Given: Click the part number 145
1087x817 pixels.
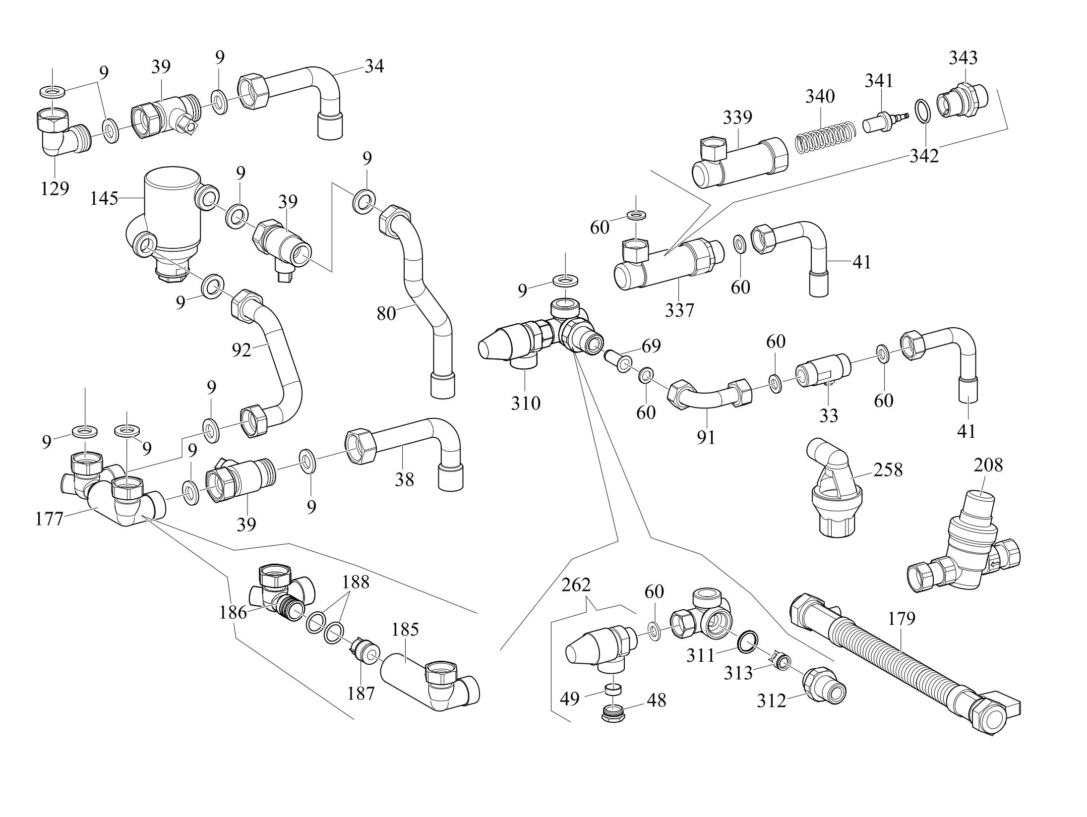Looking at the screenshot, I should [104, 198].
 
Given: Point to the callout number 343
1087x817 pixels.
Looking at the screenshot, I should [963, 58].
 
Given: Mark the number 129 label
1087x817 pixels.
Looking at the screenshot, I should [55, 188].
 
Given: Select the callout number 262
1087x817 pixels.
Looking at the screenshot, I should [576, 585].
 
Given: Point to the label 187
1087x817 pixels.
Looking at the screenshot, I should [361, 693].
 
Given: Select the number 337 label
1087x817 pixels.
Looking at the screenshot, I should [679, 310].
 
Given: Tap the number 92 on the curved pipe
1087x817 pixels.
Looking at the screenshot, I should [242, 350].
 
